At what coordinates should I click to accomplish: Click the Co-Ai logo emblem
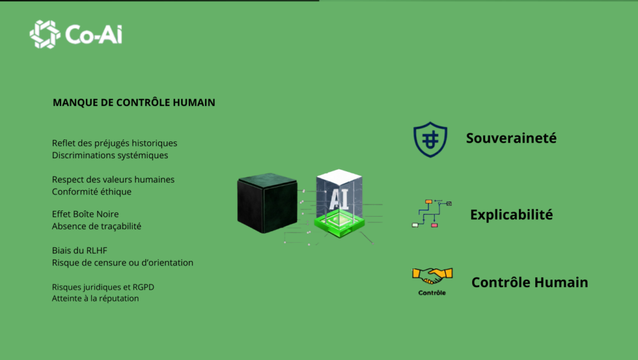pyautogui.click(x=45, y=34)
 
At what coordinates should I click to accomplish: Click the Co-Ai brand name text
pyautogui.click(x=94, y=34)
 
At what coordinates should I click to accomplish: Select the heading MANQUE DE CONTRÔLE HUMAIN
pyautogui.click(x=134, y=102)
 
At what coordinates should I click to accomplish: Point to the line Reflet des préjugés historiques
pyautogui.click(x=115, y=143)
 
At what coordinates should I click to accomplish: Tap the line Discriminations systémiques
pyautogui.click(x=110, y=155)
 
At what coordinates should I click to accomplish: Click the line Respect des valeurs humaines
pyautogui.click(x=113, y=179)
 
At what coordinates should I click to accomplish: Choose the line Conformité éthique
pyautogui.click(x=92, y=191)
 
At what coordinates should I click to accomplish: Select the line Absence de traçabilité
pyautogui.click(x=97, y=226)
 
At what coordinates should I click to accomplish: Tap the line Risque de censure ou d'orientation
pyautogui.click(x=122, y=262)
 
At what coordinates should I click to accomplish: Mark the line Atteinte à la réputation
pyautogui.click(x=95, y=298)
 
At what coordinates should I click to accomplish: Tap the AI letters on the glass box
pyautogui.click(x=338, y=197)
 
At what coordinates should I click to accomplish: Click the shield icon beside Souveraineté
pyautogui.click(x=430, y=139)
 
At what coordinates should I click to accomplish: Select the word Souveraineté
pyautogui.click(x=511, y=138)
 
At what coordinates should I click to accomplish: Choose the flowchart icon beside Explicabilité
pyautogui.click(x=431, y=214)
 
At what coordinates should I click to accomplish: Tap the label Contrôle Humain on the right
pyautogui.click(x=530, y=282)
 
